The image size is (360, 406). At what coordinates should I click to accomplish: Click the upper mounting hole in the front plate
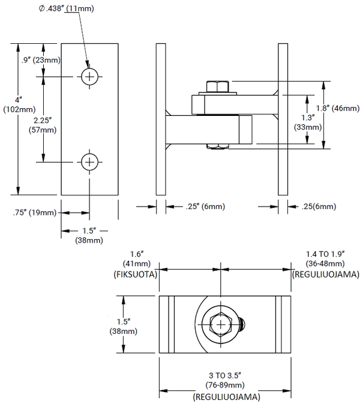coord(89,76)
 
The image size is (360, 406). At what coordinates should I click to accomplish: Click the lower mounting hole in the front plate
coord(89,162)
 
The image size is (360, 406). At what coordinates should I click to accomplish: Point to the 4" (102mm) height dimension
coord(12,105)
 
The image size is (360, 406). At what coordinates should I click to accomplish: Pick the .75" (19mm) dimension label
coord(34,213)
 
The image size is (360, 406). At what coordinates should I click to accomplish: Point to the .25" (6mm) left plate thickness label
coord(196,207)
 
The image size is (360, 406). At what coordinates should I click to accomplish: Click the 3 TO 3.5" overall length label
coord(225,375)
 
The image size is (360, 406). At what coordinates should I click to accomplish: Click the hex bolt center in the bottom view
coord(221,324)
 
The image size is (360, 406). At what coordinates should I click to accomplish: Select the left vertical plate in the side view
coord(160,118)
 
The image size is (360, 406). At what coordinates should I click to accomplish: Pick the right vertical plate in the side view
coord(282,118)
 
